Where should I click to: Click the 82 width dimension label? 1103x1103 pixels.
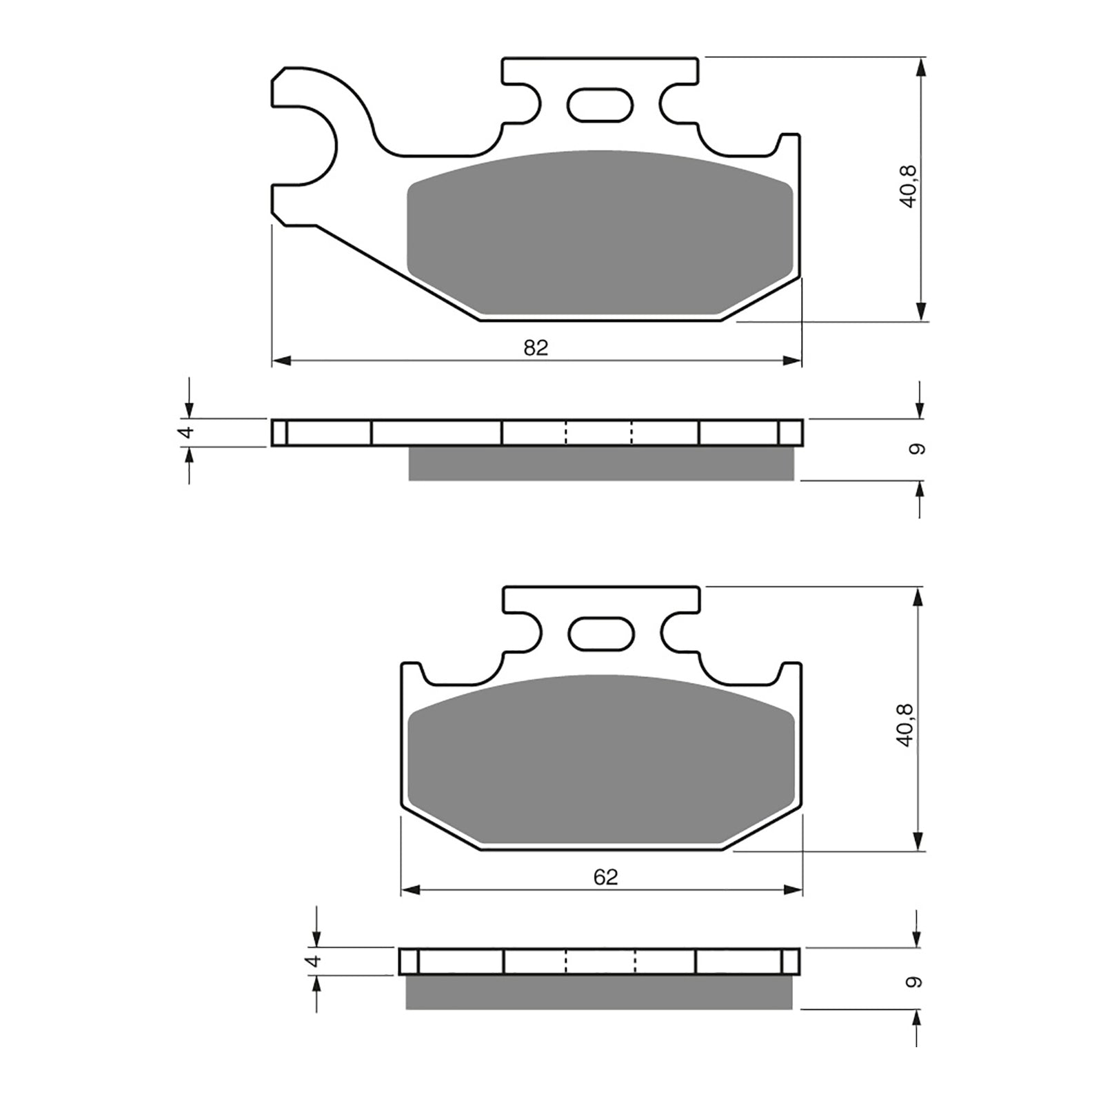(536, 348)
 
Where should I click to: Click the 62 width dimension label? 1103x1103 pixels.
(605, 877)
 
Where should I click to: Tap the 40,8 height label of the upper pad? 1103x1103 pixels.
(908, 186)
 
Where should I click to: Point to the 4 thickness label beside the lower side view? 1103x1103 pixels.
(314, 960)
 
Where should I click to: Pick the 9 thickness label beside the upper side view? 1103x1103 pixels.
(917, 449)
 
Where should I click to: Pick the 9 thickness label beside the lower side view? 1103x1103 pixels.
(914, 982)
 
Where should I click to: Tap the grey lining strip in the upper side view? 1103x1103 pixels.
(601, 463)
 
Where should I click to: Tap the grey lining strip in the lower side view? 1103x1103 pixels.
(598, 993)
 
